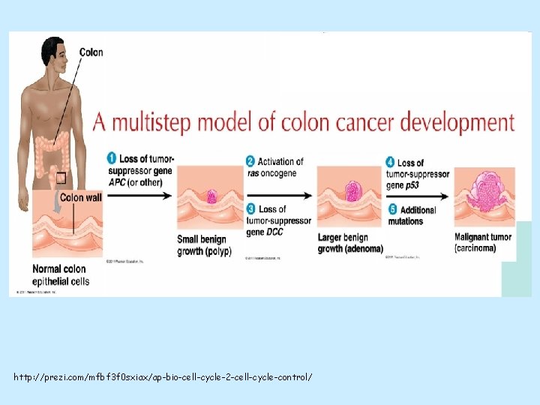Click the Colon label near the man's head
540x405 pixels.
91,52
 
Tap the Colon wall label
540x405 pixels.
82,198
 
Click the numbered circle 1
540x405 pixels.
112,159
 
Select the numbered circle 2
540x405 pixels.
250,161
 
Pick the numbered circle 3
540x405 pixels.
250,209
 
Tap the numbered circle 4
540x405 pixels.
391,163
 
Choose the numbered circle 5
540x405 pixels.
391,209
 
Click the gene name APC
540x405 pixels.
116,181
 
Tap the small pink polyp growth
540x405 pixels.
211,196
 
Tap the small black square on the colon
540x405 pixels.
60,178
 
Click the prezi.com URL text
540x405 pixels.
162,376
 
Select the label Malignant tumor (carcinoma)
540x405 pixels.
483,243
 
